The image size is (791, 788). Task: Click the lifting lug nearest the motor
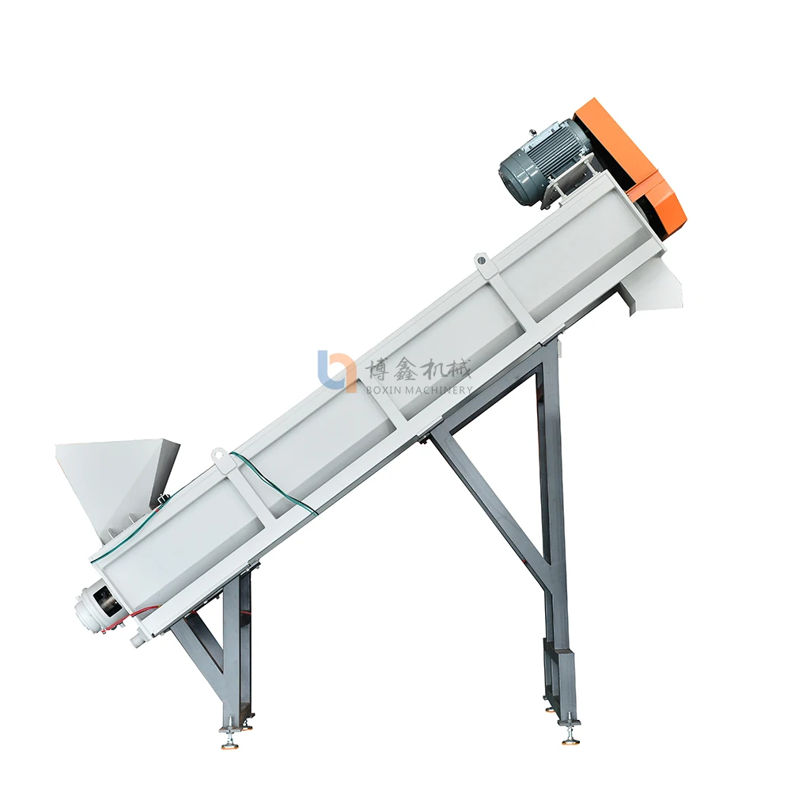click(x=481, y=265)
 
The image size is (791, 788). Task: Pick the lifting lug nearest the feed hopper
click(x=219, y=456)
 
